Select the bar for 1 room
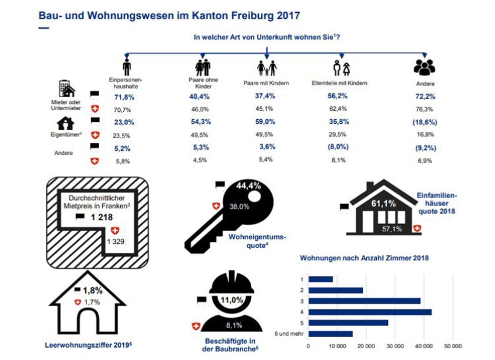point(321,279)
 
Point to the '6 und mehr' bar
point(330,334)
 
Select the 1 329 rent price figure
point(115,240)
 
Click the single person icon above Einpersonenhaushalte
point(127,67)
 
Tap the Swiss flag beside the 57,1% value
point(416,229)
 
